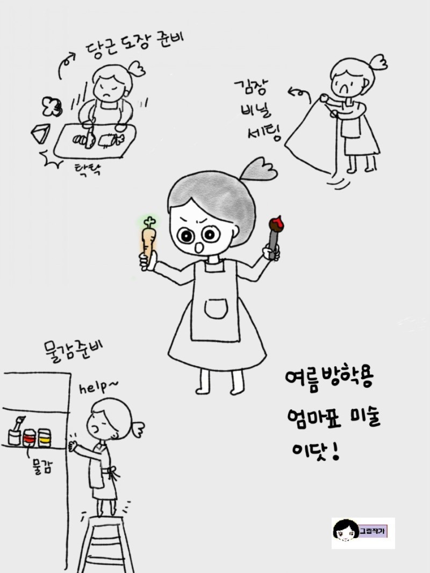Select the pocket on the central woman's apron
pyautogui.click(x=216, y=309)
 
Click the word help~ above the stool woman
pyautogui.click(x=99, y=387)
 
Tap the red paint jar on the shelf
pyautogui.click(x=29, y=438)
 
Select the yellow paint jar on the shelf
pyautogui.click(x=44, y=438)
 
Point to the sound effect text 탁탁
pyautogui.click(x=88, y=169)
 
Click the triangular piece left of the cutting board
pyautogui.click(x=41, y=134)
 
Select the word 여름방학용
pyautogui.click(x=329, y=381)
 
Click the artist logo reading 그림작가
pyautogui.click(x=363, y=533)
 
